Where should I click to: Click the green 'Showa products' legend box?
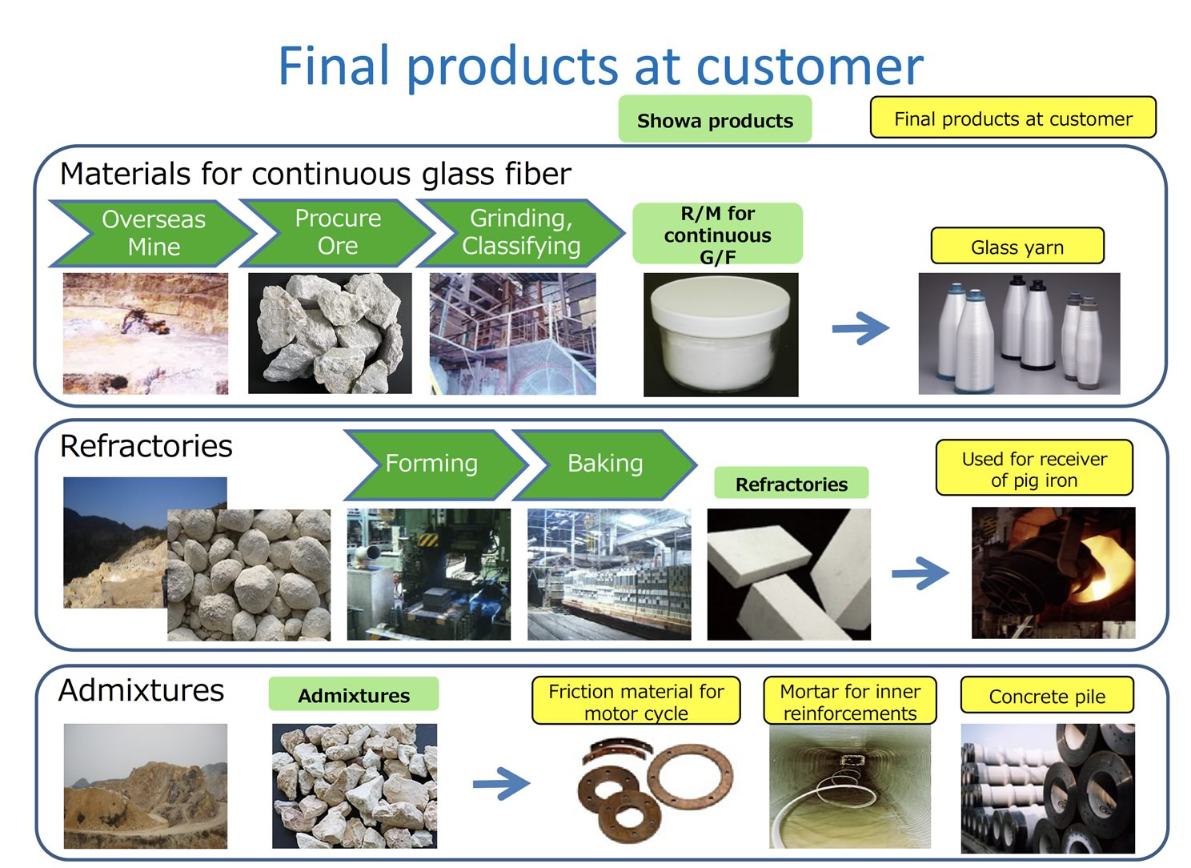click(715, 119)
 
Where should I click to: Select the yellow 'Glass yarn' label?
click(1017, 247)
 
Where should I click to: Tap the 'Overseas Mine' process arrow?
click(153, 234)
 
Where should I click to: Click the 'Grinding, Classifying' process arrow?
click(521, 233)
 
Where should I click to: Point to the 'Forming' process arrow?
click(435, 465)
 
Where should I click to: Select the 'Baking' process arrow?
click(605, 465)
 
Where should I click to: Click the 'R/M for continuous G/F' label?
click(717, 234)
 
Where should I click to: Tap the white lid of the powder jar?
click(720, 308)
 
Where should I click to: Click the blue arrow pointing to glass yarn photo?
click(860, 328)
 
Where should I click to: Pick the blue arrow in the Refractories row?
click(920, 573)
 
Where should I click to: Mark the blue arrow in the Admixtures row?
click(501, 783)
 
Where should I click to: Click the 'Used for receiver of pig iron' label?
click(1034, 468)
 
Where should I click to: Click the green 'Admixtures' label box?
click(354, 694)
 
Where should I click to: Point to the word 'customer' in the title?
click(810, 66)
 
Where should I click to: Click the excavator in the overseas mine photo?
click(143, 321)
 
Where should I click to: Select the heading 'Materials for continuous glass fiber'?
click(315, 174)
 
